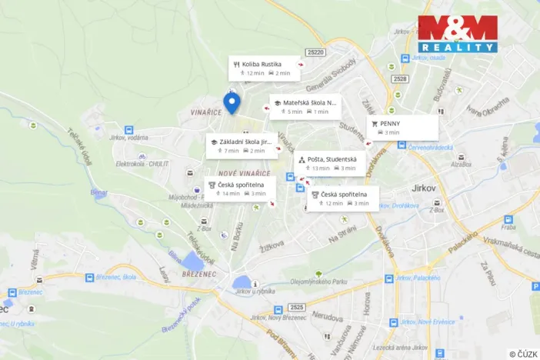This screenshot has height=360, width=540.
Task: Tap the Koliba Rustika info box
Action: tap(264, 68)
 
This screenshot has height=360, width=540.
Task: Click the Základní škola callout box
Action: tap(242, 146)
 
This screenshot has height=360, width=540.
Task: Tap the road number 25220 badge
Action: tap(315, 52)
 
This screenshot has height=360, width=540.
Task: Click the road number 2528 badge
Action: tap(399, 78)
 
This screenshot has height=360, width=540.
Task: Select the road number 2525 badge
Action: tap(298, 308)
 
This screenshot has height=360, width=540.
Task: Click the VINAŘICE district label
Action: tap(208, 112)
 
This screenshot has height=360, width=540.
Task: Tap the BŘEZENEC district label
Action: tap(199, 274)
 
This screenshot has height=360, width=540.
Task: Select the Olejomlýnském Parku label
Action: tap(318, 282)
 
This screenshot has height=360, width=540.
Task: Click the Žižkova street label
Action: tap(272, 245)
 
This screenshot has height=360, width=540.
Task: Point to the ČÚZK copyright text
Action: tap(522, 353)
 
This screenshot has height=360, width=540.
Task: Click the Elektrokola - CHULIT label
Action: tap(142, 163)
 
